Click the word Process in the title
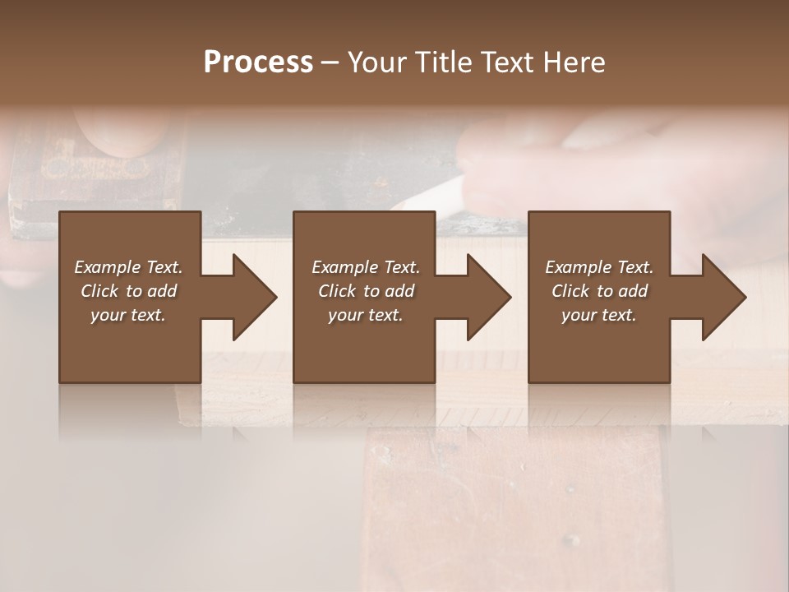tap(258, 62)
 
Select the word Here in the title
tap(574, 62)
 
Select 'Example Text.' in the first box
tap(128, 267)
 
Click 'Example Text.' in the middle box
tap(366, 267)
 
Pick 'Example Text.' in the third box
tap(599, 267)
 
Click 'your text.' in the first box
tap(128, 315)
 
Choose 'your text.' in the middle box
tap(366, 315)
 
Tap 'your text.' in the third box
tap(599, 315)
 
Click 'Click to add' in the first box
tap(128, 291)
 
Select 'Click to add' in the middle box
tap(366, 291)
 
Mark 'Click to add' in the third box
tap(599, 291)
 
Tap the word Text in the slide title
tap(510, 62)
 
